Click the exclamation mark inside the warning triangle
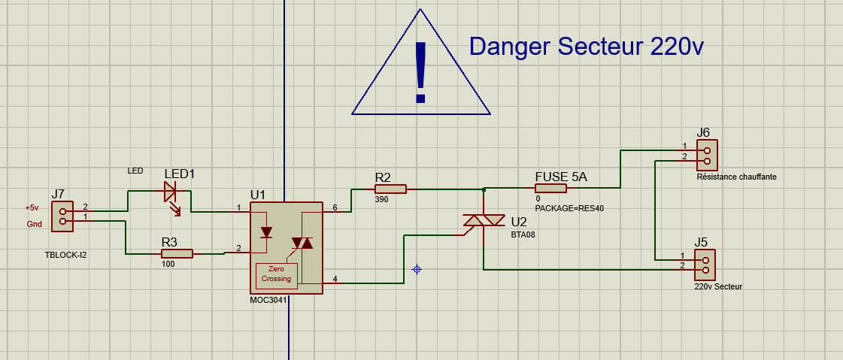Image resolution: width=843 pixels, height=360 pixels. click(x=420, y=72)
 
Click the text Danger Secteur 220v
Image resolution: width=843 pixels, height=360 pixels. click(x=586, y=47)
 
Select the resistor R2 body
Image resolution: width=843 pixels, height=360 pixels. click(x=390, y=189)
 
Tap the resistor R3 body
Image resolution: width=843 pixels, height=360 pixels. click(x=177, y=254)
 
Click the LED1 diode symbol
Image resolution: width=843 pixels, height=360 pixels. click(x=170, y=192)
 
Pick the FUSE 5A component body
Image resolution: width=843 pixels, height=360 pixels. click(x=550, y=188)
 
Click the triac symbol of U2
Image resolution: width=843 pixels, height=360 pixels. click(x=484, y=221)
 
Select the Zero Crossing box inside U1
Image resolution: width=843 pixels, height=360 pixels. click(x=276, y=274)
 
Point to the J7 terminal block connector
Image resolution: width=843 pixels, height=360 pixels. click(x=62, y=216)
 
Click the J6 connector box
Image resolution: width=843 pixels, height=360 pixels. click(x=707, y=155)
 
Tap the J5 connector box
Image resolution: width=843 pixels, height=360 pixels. click(x=705, y=264)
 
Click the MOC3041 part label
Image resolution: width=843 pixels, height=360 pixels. click(x=268, y=300)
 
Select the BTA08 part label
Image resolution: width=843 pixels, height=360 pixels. click(x=523, y=234)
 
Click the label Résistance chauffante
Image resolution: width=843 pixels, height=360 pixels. click(x=736, y=177)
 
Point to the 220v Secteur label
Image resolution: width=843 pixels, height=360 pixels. click(x=718, y=286)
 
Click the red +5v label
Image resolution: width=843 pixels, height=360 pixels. click(x=32, y=207)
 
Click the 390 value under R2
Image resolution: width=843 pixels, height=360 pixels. click(x=381, y=200)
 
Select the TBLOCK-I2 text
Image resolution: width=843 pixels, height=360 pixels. click(x=66, y=256)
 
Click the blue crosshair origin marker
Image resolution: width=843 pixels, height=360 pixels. click(x=417, y=269)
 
